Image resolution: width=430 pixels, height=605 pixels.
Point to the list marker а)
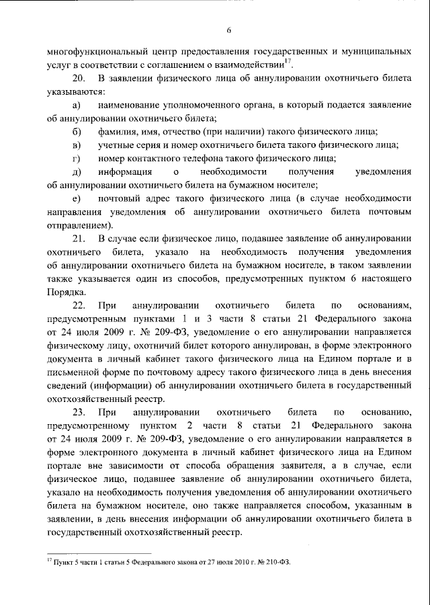click(x=77, y=106)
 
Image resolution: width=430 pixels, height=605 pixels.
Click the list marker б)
click(x=77, y=132)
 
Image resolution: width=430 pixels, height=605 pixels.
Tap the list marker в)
click(x=77, y=145)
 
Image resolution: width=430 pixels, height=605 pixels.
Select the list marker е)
click(x=77, y=198)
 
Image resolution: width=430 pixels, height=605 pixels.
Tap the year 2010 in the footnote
click(x=237, y=560)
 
